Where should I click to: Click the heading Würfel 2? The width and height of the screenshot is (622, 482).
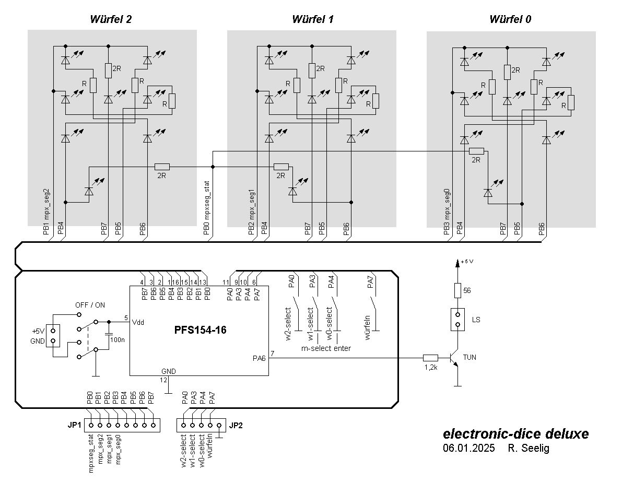[111, 20]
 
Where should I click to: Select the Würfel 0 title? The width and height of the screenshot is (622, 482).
[510, 20]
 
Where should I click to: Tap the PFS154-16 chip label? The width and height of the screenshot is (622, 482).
[201, 330]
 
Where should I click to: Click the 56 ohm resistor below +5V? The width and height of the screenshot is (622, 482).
[457, 290]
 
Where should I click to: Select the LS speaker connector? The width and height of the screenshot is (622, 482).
[457, 320]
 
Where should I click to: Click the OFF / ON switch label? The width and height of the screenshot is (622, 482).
[90, 305]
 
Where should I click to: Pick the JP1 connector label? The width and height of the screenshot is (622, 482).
[74, 425]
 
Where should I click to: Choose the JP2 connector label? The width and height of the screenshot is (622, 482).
[236, 425]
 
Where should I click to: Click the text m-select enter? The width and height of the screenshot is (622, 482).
[326, 348]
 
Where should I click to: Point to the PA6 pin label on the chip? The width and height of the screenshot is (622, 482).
[259, 358]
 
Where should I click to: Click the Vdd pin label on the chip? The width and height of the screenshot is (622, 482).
[138, 322]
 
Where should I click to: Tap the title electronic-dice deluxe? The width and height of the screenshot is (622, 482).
[515, 434]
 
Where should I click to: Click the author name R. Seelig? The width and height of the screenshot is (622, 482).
[529, 448]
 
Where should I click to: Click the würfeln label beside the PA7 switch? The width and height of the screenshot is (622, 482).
[368, 327]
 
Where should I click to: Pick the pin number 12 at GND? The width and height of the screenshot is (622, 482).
[164, 380]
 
